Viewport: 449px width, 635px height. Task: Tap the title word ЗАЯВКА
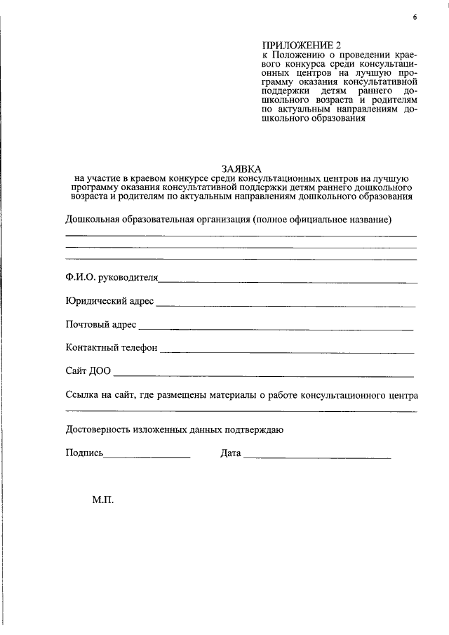241,169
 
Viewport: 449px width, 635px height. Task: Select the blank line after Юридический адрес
286,306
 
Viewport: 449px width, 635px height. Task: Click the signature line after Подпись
147,457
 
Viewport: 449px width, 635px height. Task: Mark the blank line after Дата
317,457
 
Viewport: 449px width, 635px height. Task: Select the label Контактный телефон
111,348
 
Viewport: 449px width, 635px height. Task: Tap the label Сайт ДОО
88,371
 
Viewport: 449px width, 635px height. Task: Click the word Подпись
84,453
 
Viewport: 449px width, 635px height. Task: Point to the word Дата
231,453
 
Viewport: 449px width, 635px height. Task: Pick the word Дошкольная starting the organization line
92,220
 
